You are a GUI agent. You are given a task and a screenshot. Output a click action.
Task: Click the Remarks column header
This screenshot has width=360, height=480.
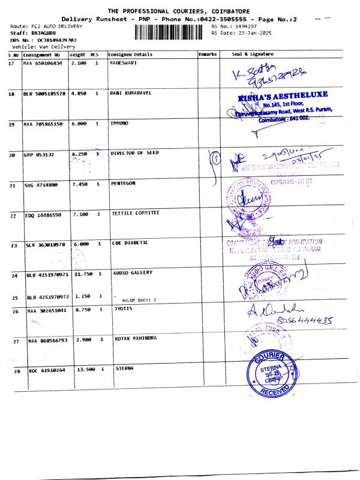(x=207, y=54)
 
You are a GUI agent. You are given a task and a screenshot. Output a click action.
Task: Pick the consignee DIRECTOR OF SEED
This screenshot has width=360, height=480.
(x=135, y=153)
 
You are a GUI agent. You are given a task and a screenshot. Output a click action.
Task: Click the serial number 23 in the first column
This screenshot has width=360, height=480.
(x=13, y=245)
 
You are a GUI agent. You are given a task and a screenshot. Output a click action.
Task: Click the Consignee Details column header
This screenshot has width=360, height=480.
(x=130, y=54)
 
